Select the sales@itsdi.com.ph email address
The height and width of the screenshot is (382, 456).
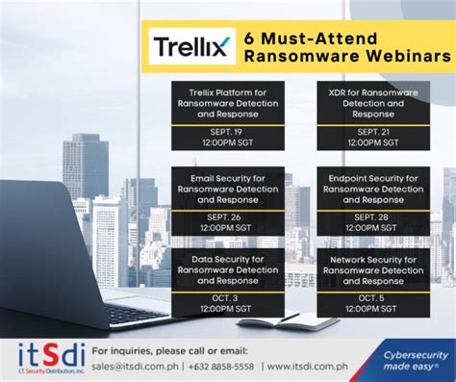(x=142, y=366)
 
